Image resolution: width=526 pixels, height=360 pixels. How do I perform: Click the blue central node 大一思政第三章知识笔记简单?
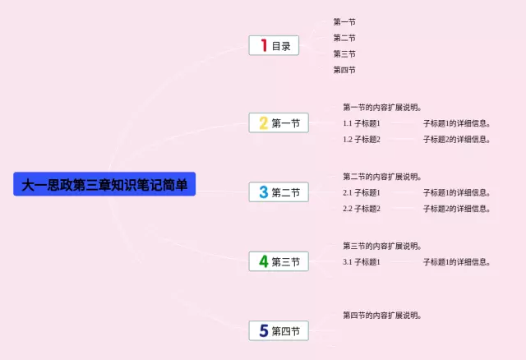[104, 184]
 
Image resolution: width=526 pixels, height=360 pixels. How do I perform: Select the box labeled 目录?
[274, 45]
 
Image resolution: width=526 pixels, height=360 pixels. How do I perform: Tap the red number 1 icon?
[264, 45]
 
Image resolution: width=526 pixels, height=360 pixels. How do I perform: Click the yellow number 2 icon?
[264, 122]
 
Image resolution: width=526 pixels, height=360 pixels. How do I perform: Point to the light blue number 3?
[264, 192]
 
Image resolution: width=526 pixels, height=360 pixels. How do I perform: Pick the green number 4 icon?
[264, 261]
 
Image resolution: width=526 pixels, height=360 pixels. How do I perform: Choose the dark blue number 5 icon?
[264, 330]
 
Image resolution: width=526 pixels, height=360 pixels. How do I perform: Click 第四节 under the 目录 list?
[344, 70]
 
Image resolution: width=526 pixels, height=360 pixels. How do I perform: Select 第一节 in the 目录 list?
[344, 22]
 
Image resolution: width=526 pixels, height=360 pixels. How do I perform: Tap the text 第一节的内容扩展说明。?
[381, 108]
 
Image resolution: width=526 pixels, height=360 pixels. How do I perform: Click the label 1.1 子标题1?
[362, 123]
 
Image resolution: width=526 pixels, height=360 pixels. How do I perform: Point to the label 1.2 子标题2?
[362, 139]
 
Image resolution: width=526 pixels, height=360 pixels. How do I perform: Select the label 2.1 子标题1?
[362, 192]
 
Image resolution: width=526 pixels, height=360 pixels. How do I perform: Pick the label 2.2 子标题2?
[362, 209]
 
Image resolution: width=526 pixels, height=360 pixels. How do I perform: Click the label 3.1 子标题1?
[362, 262]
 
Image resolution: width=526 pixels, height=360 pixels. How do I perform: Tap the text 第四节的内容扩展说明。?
[381, 316]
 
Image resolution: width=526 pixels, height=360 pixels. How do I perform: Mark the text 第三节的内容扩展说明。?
[381, 246]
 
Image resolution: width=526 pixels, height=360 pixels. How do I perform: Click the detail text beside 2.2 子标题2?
[457, 209]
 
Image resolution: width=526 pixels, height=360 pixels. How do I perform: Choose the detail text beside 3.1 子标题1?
[457, 262]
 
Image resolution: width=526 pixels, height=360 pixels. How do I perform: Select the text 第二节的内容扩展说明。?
[381, 177]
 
